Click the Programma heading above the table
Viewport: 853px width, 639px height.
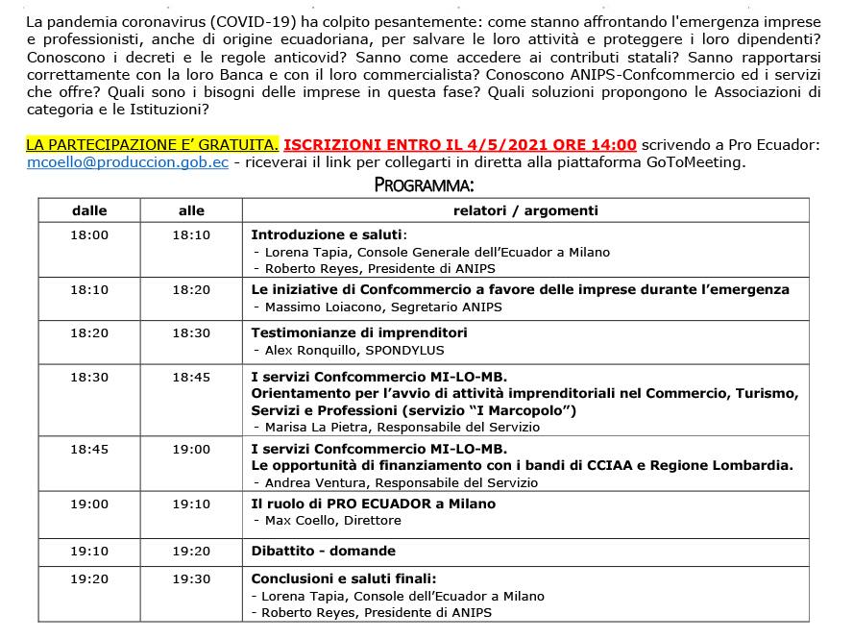coord(424,184)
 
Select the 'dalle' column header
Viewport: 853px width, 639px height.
coord(89,210)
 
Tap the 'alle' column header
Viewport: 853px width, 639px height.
coord(191,210)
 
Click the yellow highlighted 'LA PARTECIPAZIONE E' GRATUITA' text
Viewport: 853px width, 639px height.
coord(152,145)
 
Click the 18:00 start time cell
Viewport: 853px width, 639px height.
coord(89,234)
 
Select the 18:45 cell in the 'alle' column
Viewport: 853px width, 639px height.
coord(191,378)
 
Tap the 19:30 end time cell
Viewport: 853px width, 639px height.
coord(191,578)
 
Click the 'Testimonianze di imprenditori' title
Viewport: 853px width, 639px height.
coord(358,332)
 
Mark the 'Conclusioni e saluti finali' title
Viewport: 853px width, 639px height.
coord(344,578)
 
